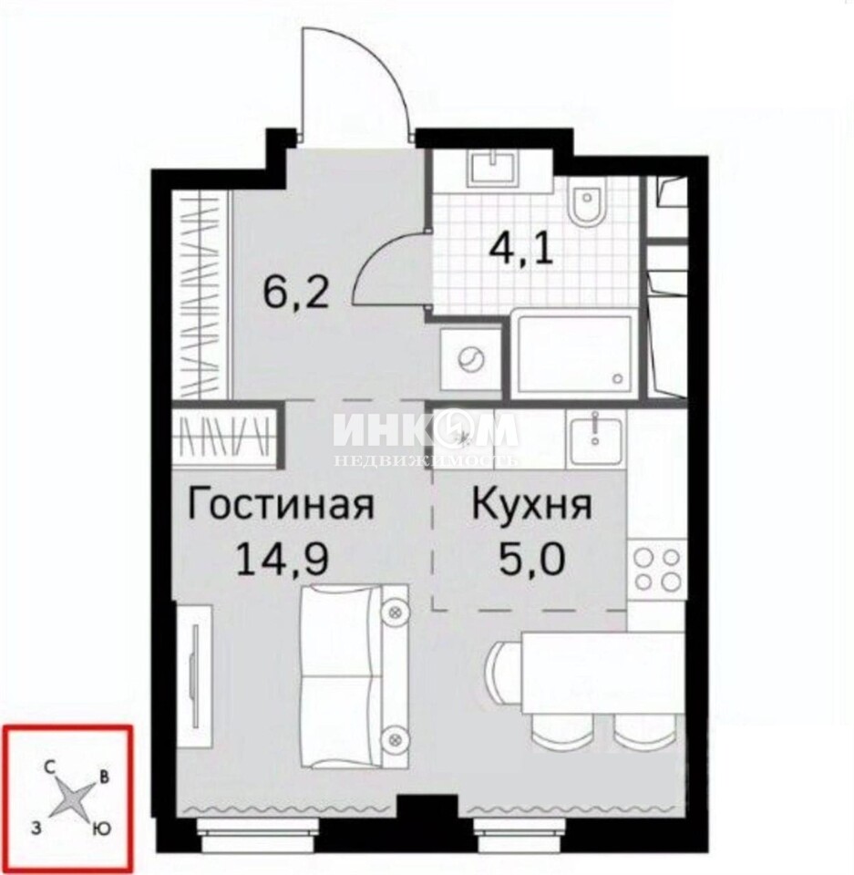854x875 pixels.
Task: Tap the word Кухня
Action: [531, 505]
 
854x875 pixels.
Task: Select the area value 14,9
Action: [282, 559]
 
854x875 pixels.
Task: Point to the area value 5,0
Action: [531, 559]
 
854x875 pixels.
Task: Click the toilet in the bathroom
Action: [585, 204]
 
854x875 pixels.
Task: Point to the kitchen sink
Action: [595, 434]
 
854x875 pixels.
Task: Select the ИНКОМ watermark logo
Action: [426, 432]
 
